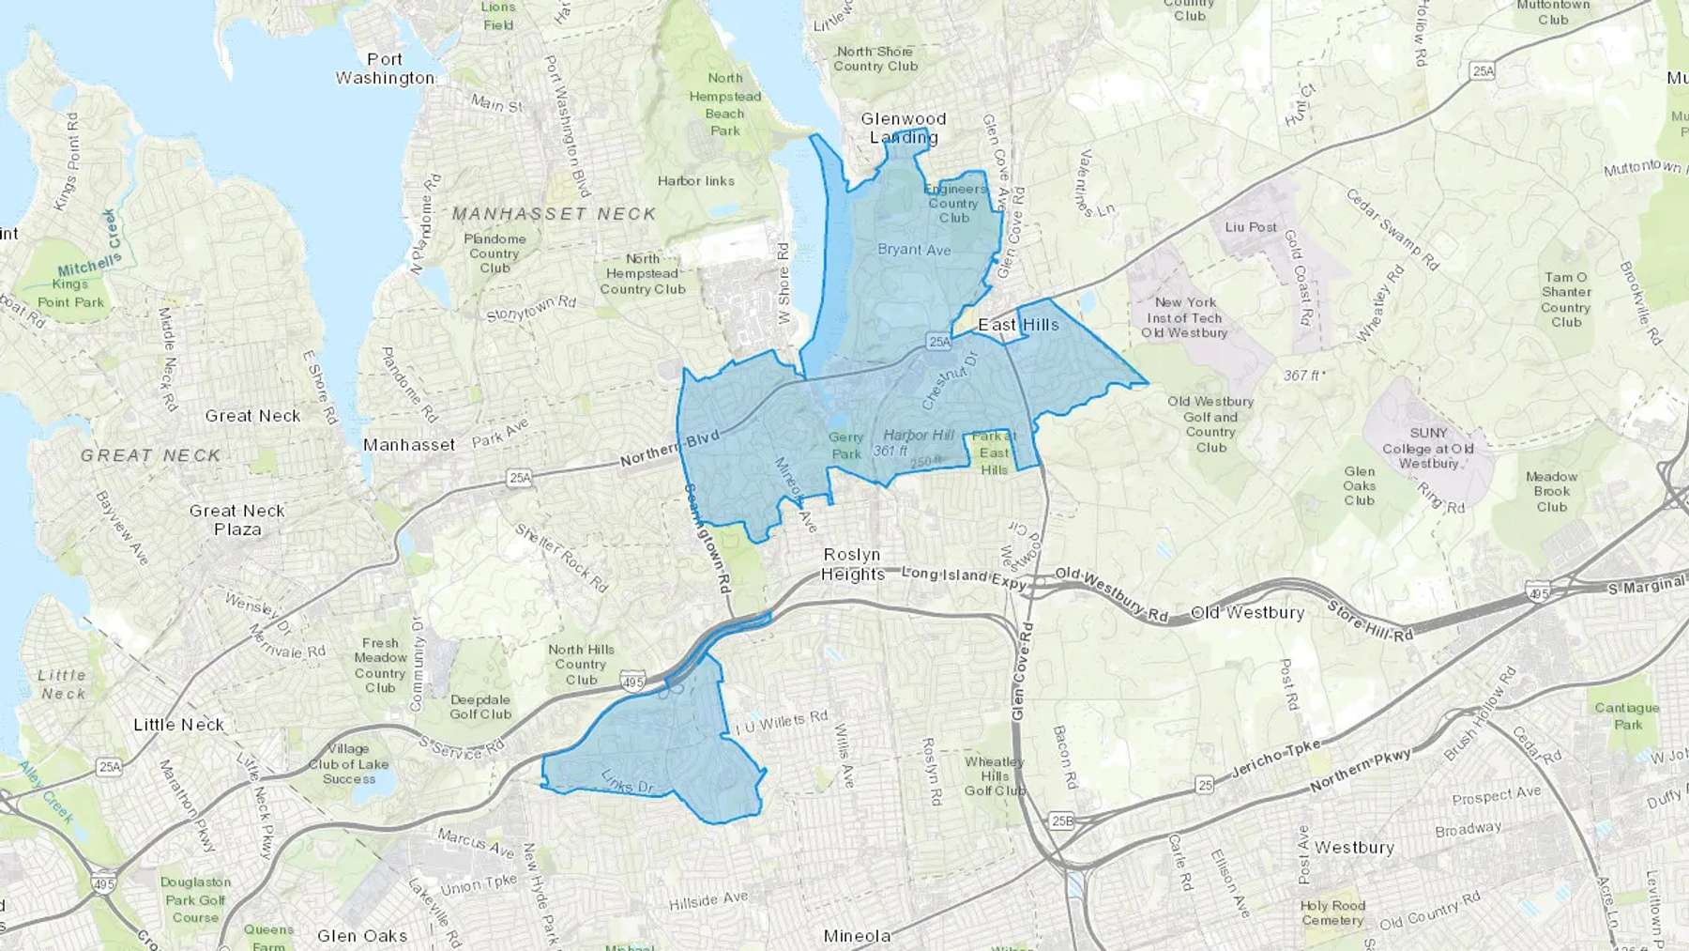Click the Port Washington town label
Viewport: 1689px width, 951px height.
pos(385,69)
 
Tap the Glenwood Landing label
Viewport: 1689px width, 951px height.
pos(904,128)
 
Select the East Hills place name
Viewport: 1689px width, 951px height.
pos(1018,325)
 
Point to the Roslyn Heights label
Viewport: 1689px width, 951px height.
pos(853,564)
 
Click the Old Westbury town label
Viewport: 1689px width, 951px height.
pos(1247,613)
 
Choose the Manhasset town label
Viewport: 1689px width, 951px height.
pos(409,445)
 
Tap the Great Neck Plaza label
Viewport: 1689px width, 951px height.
pos(237,520)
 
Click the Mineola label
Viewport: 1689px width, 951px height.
pos(857,936)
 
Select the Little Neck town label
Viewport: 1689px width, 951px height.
pos(178,725)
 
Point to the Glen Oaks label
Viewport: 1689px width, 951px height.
pos(362,936)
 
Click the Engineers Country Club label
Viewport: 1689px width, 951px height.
pos(954,203)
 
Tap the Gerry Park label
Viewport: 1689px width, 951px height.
pos(845,446)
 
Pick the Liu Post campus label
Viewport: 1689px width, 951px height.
pos(1251,227)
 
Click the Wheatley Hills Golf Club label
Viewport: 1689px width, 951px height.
pos(995,775)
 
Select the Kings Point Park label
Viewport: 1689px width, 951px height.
pos(70,293)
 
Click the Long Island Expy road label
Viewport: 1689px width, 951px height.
pos(964,577)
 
